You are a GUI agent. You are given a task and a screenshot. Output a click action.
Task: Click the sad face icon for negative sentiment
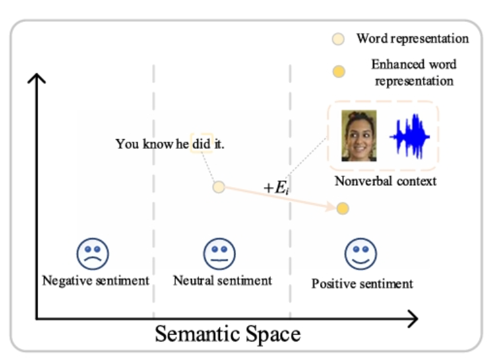pos(93,253)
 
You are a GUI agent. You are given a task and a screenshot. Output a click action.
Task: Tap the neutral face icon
pos(220,253)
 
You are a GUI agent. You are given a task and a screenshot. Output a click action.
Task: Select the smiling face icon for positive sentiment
pos(360,254)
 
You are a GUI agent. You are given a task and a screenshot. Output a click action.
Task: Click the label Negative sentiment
pos(96,281)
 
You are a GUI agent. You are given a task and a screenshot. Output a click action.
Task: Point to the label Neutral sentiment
pos(222,281)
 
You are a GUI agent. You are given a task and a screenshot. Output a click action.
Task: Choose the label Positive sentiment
pos(362,283)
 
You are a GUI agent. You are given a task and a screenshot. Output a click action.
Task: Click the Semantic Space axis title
pos(228,334)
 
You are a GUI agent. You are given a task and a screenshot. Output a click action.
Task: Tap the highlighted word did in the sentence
pos(202,144)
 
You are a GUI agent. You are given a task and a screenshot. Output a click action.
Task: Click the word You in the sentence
pos(127,144)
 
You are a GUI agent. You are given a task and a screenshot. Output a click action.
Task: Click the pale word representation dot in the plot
pos(219,187)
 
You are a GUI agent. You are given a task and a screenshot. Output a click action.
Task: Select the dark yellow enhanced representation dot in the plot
pos(343,208)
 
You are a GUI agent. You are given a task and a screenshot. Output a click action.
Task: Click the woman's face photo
pos(359,136)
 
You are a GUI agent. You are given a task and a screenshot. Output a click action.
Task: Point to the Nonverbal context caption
pos(385,181)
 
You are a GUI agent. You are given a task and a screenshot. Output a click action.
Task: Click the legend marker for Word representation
pos(338,39)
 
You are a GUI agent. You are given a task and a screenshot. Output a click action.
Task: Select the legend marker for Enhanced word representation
pos(338,72)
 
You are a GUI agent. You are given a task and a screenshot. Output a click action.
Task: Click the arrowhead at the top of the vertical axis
pos(37,79)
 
